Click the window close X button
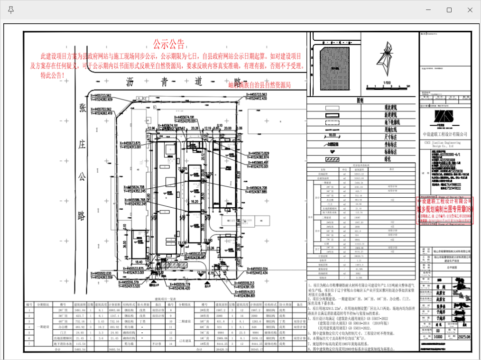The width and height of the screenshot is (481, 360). point(470,10)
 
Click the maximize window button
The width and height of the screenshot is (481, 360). point(449,10)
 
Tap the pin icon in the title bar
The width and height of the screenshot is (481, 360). point(11,10)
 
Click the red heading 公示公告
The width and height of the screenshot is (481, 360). point(168,45)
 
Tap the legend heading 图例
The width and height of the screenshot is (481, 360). point(360,101)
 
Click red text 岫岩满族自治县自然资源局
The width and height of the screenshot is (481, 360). point(259,85)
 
